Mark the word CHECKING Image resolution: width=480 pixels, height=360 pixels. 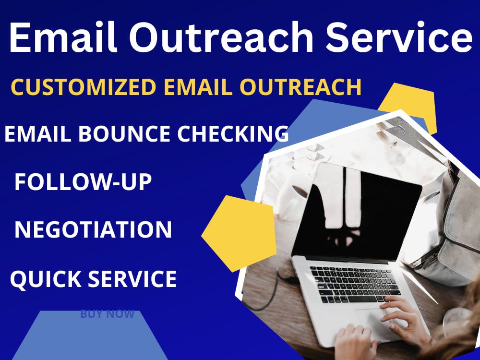pos(233,133)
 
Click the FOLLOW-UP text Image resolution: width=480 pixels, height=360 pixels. pos(83,182)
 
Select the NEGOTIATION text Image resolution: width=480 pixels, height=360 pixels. pos(93,229)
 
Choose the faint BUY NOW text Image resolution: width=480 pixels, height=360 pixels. pos(107,314)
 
